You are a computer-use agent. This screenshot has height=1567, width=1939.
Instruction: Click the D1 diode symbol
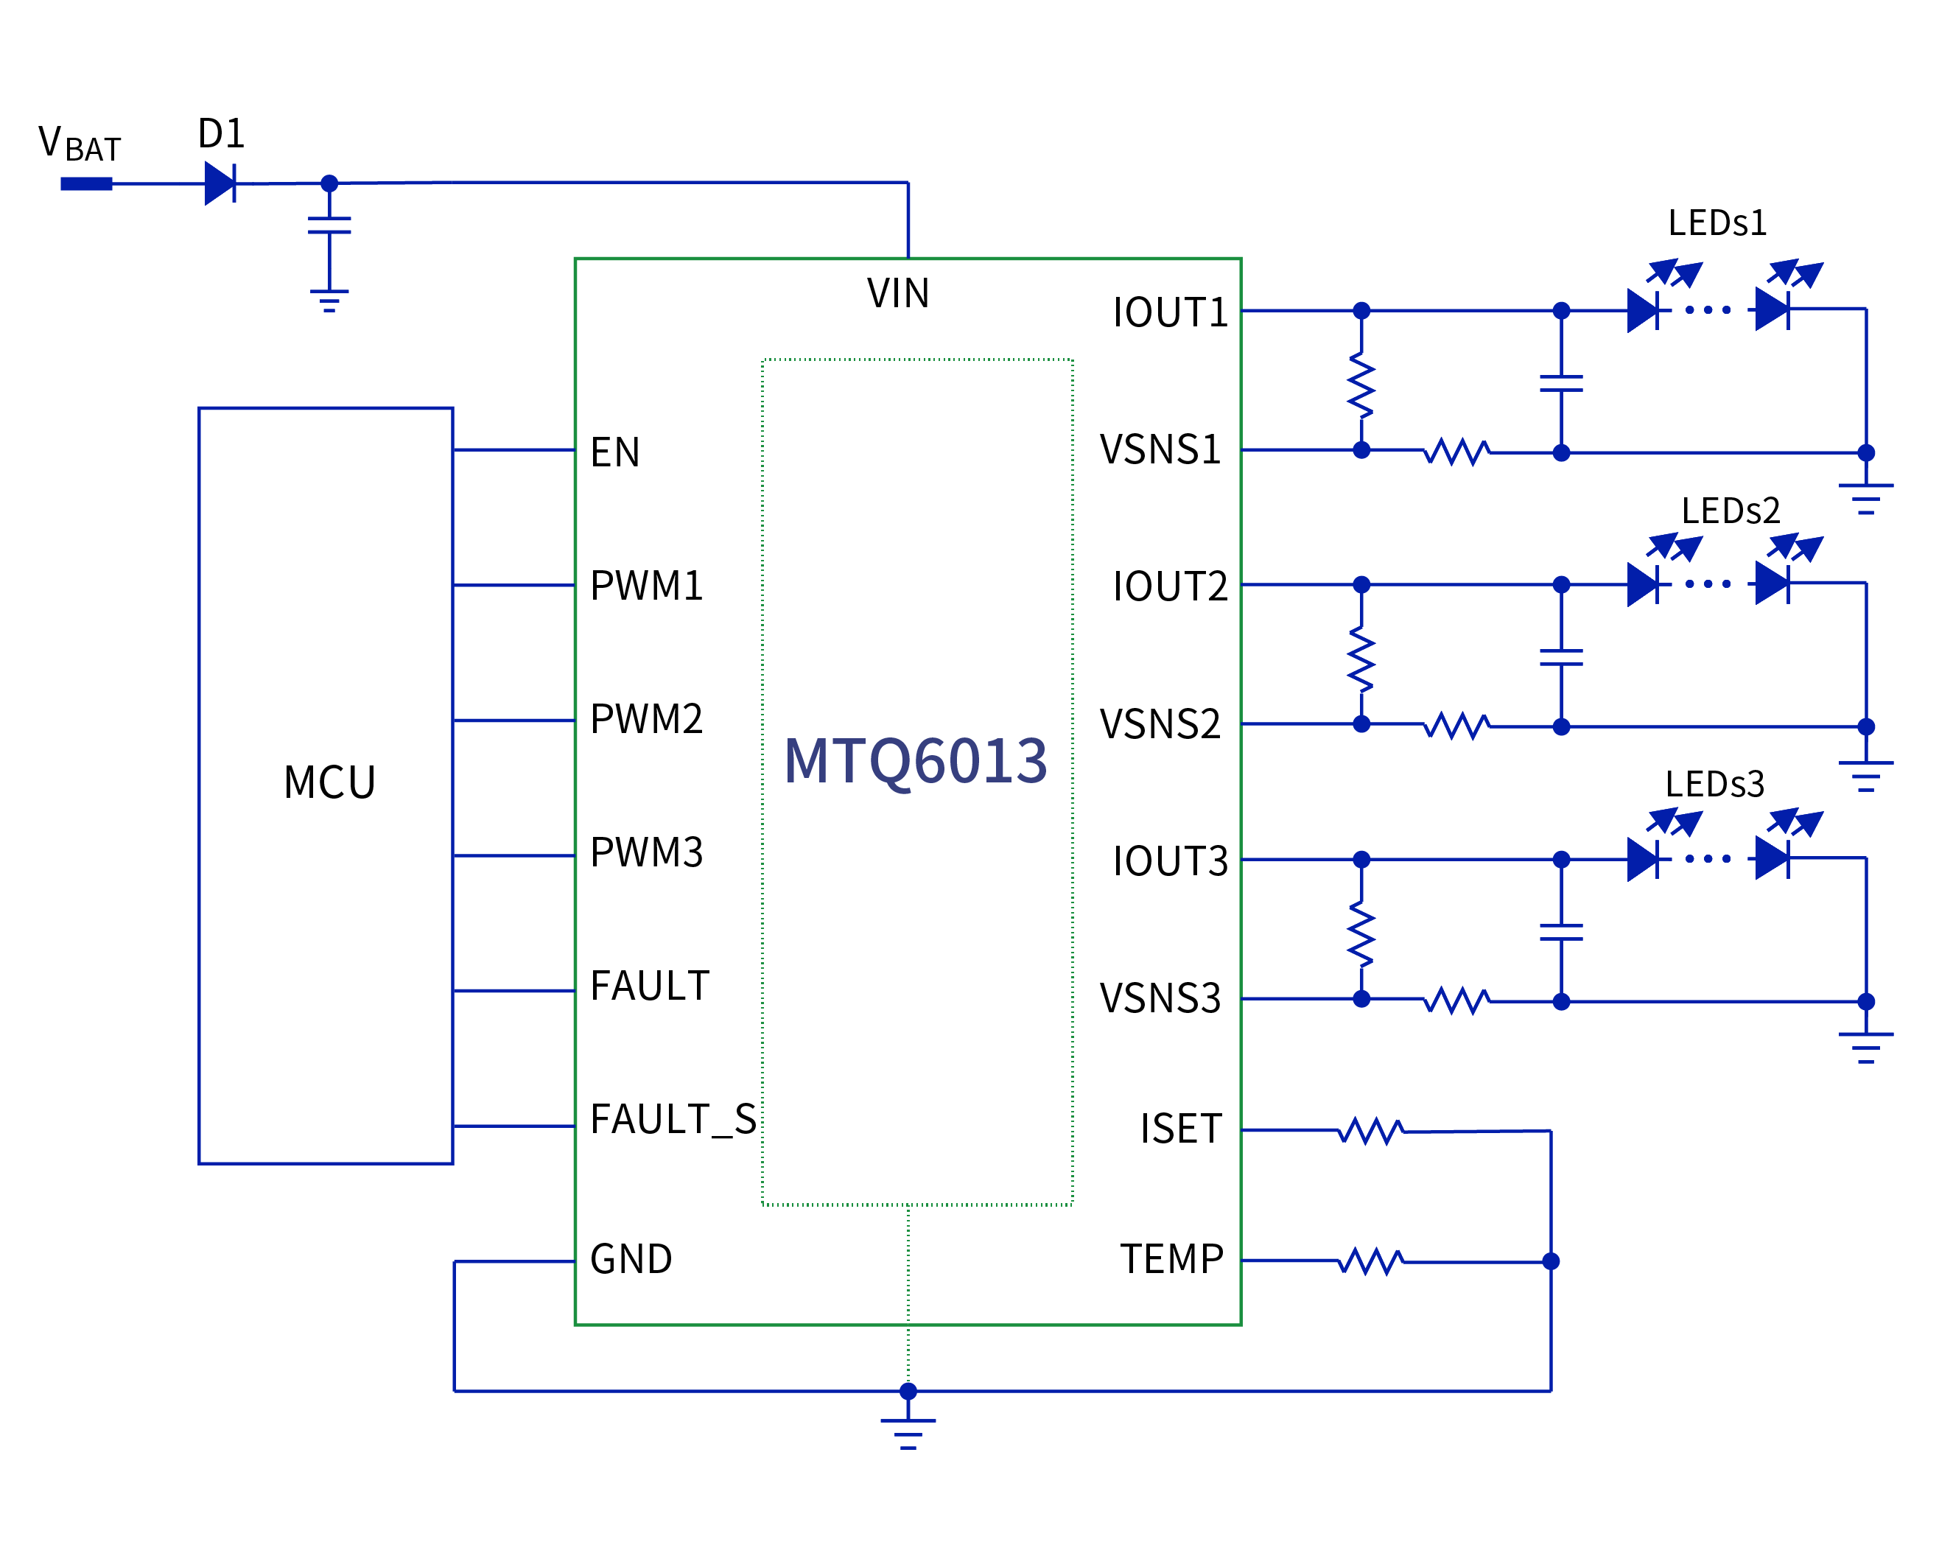(220, 183)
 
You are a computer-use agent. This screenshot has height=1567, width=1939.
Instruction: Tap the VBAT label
(80, 144)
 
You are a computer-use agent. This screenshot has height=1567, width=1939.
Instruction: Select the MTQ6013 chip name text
(915, 761)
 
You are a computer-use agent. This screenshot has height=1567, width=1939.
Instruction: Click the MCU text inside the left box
(329, 782)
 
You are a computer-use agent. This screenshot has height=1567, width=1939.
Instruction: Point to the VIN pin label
(898, 293)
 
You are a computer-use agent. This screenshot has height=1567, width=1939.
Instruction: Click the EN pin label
(614, 452)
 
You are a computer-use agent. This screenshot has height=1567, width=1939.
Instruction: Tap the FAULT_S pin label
(673, 1119)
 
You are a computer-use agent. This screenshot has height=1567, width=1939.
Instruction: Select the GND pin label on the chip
(631, 1259)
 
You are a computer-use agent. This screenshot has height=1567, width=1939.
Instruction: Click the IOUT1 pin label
(1170, 313)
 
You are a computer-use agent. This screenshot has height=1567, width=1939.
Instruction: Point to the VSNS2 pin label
(1160, 725)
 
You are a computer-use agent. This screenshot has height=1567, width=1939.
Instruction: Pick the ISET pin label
(1181, 1129)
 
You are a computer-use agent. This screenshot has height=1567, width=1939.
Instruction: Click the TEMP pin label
(1171, 1259)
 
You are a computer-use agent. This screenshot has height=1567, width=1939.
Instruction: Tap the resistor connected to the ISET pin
(1370, 1131)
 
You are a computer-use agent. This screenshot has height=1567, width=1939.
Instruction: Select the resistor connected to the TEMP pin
(1370, 1261)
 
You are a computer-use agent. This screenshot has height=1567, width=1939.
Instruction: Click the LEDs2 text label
(1730, 511)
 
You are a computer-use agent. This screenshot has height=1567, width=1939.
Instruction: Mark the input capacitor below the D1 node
(329, 225)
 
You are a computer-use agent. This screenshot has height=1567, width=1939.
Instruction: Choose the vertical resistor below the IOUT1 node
(1361, 385)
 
